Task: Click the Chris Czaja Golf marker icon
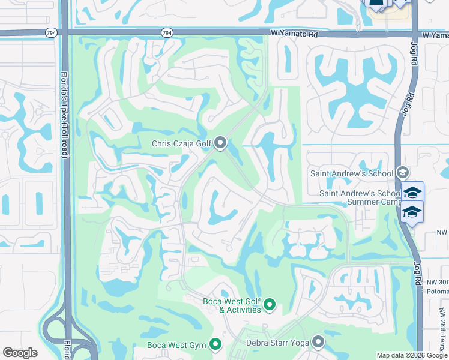[220, 143]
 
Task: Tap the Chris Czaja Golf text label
[182, 143]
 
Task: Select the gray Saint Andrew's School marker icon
[403, 173]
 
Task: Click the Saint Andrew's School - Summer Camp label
[360, 198]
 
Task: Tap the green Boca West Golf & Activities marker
[270, 305]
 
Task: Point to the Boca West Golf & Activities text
[231, 305]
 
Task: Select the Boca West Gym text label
[177, 345]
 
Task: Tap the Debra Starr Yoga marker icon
[318, 342]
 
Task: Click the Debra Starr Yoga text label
[277, 343]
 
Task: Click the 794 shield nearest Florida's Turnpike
[51, 32]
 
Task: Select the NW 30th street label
[437, 282]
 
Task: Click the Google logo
[20, 353]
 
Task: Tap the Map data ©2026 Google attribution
[412, 355]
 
